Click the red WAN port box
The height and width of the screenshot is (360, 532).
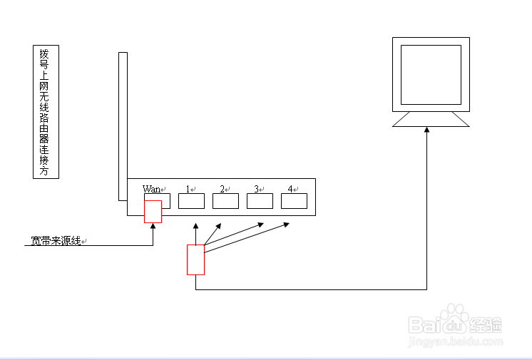(x=153, y=211)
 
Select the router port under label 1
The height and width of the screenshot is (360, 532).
(x=191, y=201)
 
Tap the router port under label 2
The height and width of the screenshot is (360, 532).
(x=225, y=201)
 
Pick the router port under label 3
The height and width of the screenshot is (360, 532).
(x=260, y=201)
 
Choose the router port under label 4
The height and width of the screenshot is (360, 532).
(x=294, y=201)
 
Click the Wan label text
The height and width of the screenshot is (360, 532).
(x=151, y=189)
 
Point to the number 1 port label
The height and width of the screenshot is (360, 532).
(x=188, y=189)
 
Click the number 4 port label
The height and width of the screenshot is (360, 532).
(x=290, y=189)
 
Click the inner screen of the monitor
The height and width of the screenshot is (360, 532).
(x=431, y=75)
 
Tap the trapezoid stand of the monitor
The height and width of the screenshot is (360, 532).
(x=431, y=120)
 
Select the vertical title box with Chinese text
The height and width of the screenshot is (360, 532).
(x=46, y=112)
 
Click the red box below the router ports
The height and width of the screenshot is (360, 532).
(x=195, y=259)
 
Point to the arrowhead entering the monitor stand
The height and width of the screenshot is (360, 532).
(x=427, y=131)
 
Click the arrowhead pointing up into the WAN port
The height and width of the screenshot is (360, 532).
(x=153, y=226)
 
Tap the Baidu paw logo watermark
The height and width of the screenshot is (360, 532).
(x=453, y=318)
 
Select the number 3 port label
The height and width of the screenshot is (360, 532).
(x=256, y=189)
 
